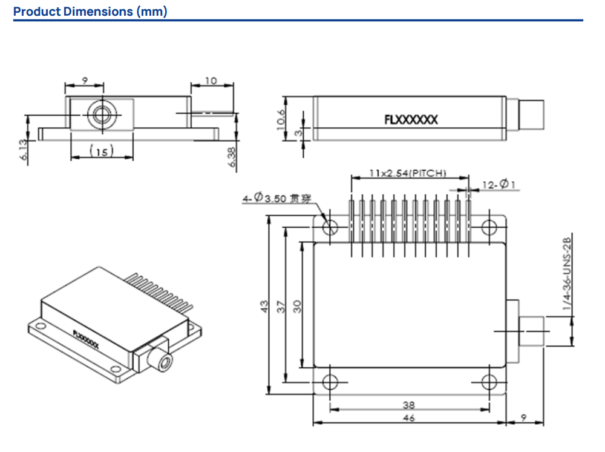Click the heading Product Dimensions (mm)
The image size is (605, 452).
(90, 12)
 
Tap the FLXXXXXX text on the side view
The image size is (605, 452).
(411, 120)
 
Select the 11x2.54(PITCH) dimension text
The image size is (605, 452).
(408, 174)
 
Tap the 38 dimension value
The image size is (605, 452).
(410, 405)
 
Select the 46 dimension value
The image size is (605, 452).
(410, 418)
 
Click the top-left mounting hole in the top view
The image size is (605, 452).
(330, 227)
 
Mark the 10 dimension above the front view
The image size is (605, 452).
(211, 81)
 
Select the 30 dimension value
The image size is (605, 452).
(297, 307)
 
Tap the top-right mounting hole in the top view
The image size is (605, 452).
(489, 227)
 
